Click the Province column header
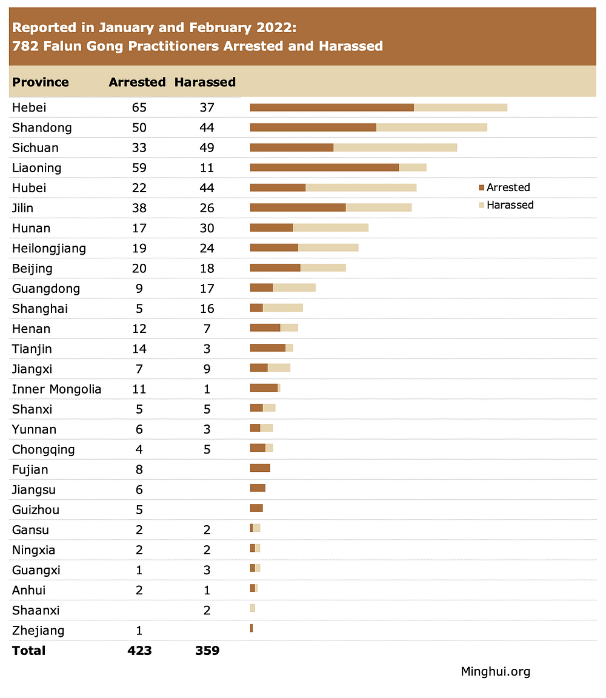[x=41, y=82]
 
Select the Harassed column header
[x=205, y=82]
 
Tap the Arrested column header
[x=137, y=82]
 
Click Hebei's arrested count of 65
[x=139, y=108]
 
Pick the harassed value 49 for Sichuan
[x=207, y=148]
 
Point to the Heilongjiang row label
[x=49, y=249]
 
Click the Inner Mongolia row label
[x=56, y=389]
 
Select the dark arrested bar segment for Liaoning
[x=324, y=167]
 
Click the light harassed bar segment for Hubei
[x=361, y=187]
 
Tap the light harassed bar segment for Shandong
[x=431, y=127]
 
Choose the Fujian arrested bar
[x=260, y=468]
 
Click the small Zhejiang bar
[x=251, y=628]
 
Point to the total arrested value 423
[x=139, y=651]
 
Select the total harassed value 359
[x=207, y=651]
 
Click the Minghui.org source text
[x=495, y=671]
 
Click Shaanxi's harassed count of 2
[x=207, y=611]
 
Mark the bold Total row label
[x=28, y=651]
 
